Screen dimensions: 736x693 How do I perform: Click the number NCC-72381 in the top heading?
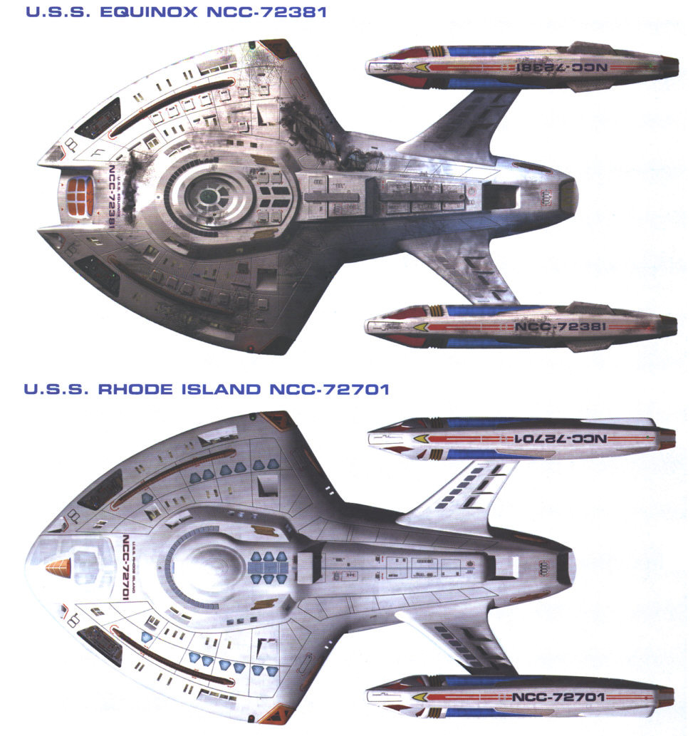(275, 12)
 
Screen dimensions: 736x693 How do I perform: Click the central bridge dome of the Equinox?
(208, 193)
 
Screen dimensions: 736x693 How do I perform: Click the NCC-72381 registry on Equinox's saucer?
(114, 194)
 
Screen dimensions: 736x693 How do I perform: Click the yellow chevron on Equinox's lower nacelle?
(422, 327)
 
